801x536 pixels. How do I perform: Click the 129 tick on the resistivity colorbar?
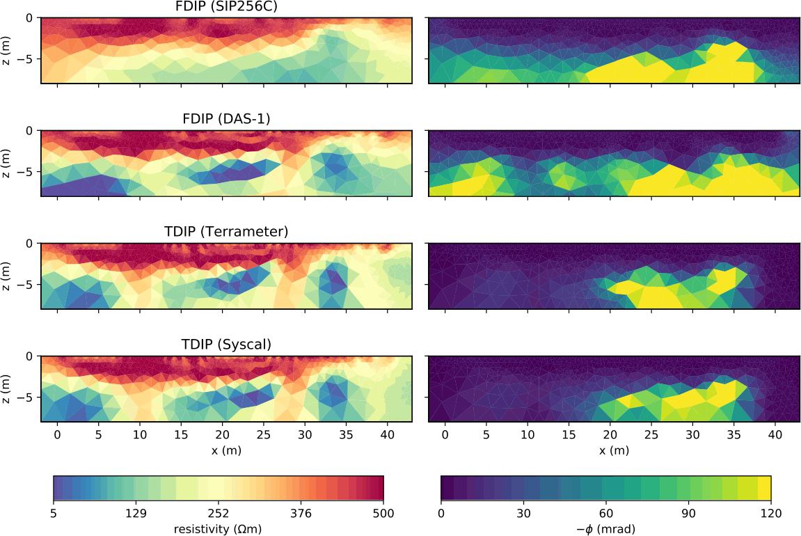point(136,514)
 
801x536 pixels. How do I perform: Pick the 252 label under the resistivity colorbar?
point(219,514)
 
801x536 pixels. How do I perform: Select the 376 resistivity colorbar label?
point(301,514)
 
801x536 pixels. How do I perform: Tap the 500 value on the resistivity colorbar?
point(383,514)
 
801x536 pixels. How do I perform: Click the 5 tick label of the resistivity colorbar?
point(54,514)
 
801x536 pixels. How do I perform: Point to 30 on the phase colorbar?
point(523,514)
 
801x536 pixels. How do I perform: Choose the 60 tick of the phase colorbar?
point(606,514)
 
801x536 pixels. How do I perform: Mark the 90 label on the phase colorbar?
point(688,514)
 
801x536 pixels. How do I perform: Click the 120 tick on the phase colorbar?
point(770,514)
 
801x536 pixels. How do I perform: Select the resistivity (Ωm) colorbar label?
point(219,529)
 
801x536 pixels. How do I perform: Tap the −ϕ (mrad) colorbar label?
point(606,529)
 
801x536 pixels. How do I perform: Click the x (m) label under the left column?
point(227,450)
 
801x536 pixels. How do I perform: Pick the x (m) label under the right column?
point(614,450)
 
